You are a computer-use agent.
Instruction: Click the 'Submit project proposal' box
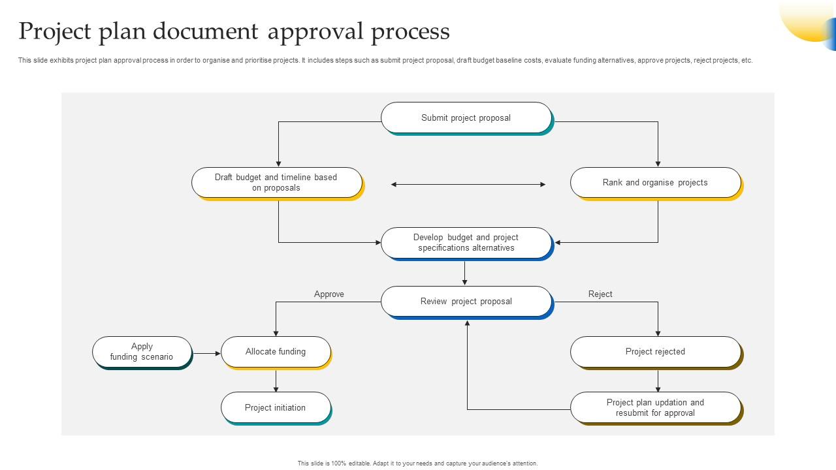[466, 117]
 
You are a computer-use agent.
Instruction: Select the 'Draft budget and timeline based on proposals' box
[276, 182]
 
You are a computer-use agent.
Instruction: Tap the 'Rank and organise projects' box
[655, 182]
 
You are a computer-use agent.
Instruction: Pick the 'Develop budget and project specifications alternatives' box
[466, 242]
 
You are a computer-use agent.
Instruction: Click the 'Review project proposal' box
[466, 301]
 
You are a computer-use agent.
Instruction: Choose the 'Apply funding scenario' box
[142, 352]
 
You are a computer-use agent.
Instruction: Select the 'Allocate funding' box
[276, 352]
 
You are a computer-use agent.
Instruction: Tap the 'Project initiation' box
[276, 407]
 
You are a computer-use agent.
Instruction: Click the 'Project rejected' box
[655, 352]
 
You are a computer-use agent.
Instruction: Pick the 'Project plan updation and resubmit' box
[655, 407]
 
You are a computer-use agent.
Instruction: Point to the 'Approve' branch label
[329, 294]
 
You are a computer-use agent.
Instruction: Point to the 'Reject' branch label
[600, 294]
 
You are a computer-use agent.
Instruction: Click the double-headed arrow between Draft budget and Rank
[468, 185]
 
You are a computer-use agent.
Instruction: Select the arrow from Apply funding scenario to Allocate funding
[207, 354]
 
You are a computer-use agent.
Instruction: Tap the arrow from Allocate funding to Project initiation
[276, 381]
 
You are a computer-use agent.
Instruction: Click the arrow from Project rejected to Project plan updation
[658, 381]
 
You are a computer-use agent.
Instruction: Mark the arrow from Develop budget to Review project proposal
[465, 273]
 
